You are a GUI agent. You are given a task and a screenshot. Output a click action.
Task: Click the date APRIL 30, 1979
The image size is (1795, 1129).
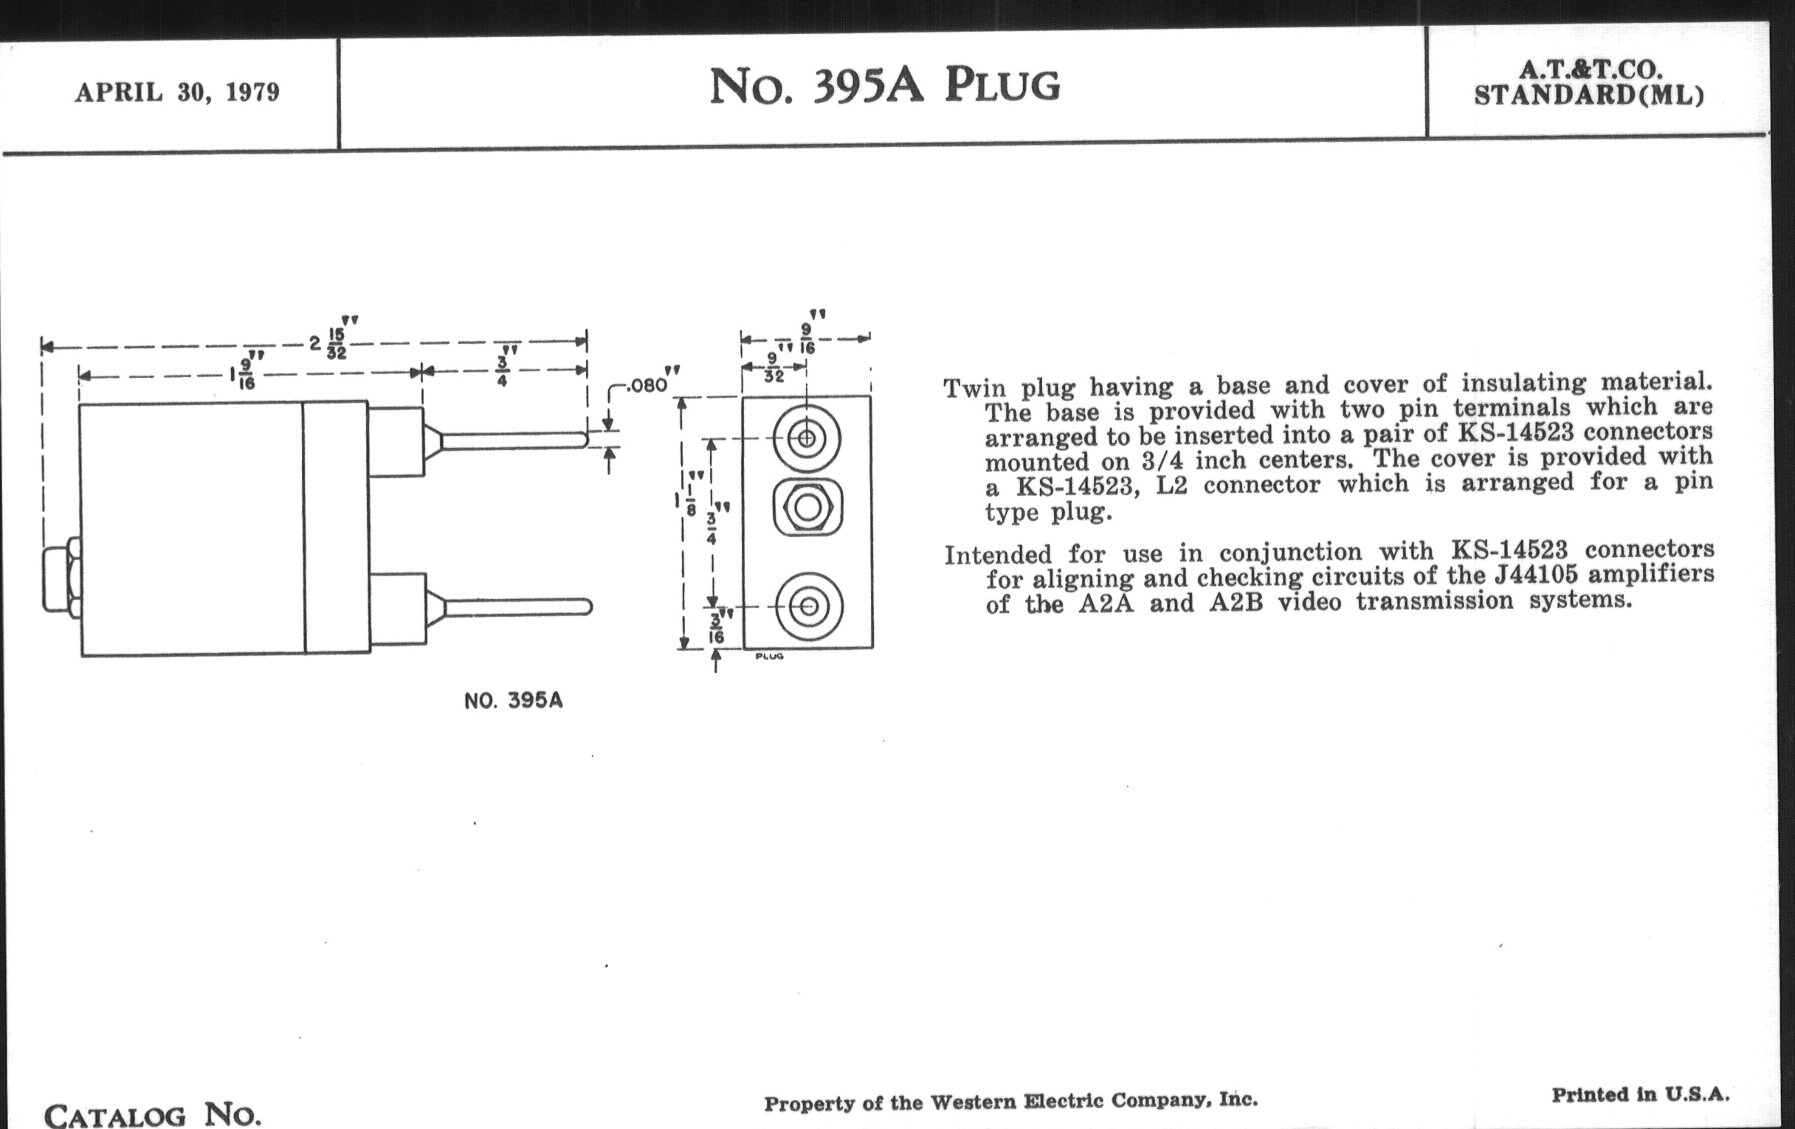(177, 92)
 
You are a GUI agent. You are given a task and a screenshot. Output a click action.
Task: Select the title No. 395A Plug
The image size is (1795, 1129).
(884, 86)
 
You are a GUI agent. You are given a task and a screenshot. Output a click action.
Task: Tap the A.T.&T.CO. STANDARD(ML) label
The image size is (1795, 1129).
(1589, 83)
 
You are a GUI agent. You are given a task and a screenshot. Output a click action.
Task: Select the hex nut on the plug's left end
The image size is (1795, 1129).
(62, 579)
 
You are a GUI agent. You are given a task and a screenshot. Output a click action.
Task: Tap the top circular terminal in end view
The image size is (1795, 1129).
(807, 438)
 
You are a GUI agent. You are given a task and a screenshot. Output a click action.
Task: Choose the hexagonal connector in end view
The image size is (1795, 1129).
(808, 508)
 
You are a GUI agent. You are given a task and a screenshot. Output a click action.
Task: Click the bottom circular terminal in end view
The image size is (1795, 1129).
(810, 607)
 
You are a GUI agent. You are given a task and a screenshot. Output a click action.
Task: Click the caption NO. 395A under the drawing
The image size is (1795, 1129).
(513, 700)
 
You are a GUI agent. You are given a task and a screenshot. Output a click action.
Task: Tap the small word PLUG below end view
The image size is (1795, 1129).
(769, 657)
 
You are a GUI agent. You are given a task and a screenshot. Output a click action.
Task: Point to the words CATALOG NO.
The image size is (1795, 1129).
(153, 1115)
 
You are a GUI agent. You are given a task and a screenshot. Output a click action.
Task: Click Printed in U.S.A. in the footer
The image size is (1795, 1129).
(1640, 1095)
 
